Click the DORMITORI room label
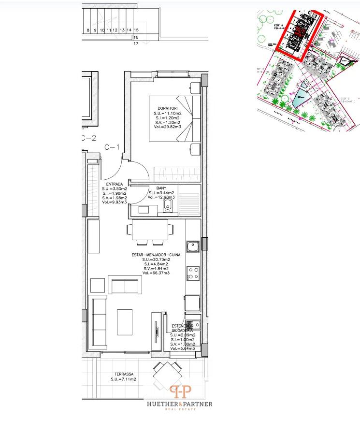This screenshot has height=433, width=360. pyautogui.click(x=168, y=108)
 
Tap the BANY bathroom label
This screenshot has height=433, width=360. pyautogui.click(x=161, y=188)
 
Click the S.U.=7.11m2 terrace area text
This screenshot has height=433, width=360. pyautogui.click(x=123, y=380)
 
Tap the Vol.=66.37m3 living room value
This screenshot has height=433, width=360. pyautogui.click(x=156, y=274)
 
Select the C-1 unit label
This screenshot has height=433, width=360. pyautogui.click(x=112, y=147)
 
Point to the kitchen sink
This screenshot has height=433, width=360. pyautogui.click(x=193, y=246)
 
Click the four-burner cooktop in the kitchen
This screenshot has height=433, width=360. pyautogui.click(x=193, y=274)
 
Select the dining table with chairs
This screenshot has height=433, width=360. pyautogui.click(x=148, y=231)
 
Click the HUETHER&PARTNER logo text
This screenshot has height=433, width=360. pyautogui.click(x=179, y=404)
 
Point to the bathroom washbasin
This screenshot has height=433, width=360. pyautogui.click(x=144, y=209)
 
